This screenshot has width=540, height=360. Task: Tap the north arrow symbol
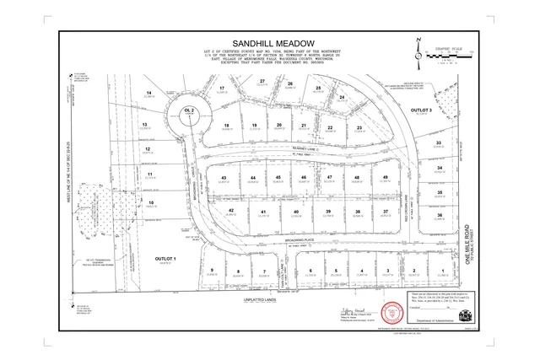tap(418, 49)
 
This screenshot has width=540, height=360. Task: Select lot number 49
tap(385, 177)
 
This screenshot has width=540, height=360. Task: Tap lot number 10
tap(150, 202)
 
